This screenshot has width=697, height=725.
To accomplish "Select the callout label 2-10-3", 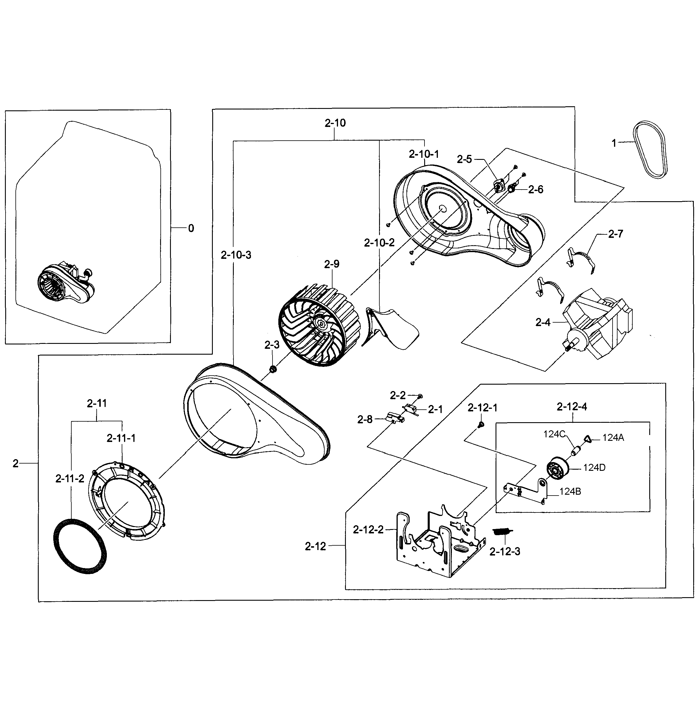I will click(236, 255).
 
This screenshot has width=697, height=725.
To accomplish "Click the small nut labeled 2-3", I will click(273, 369).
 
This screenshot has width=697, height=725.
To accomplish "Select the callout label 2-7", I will click(615, 234).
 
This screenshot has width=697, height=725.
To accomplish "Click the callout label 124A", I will click(613, 438).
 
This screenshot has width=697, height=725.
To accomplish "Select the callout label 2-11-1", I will click(121, 438).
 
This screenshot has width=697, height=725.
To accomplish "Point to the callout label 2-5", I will click(464, 160).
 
